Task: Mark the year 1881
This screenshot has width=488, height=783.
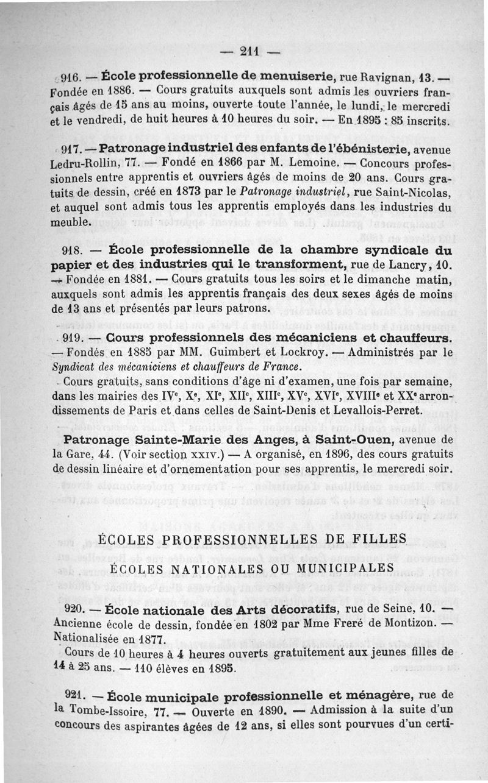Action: tap(130, 280)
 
